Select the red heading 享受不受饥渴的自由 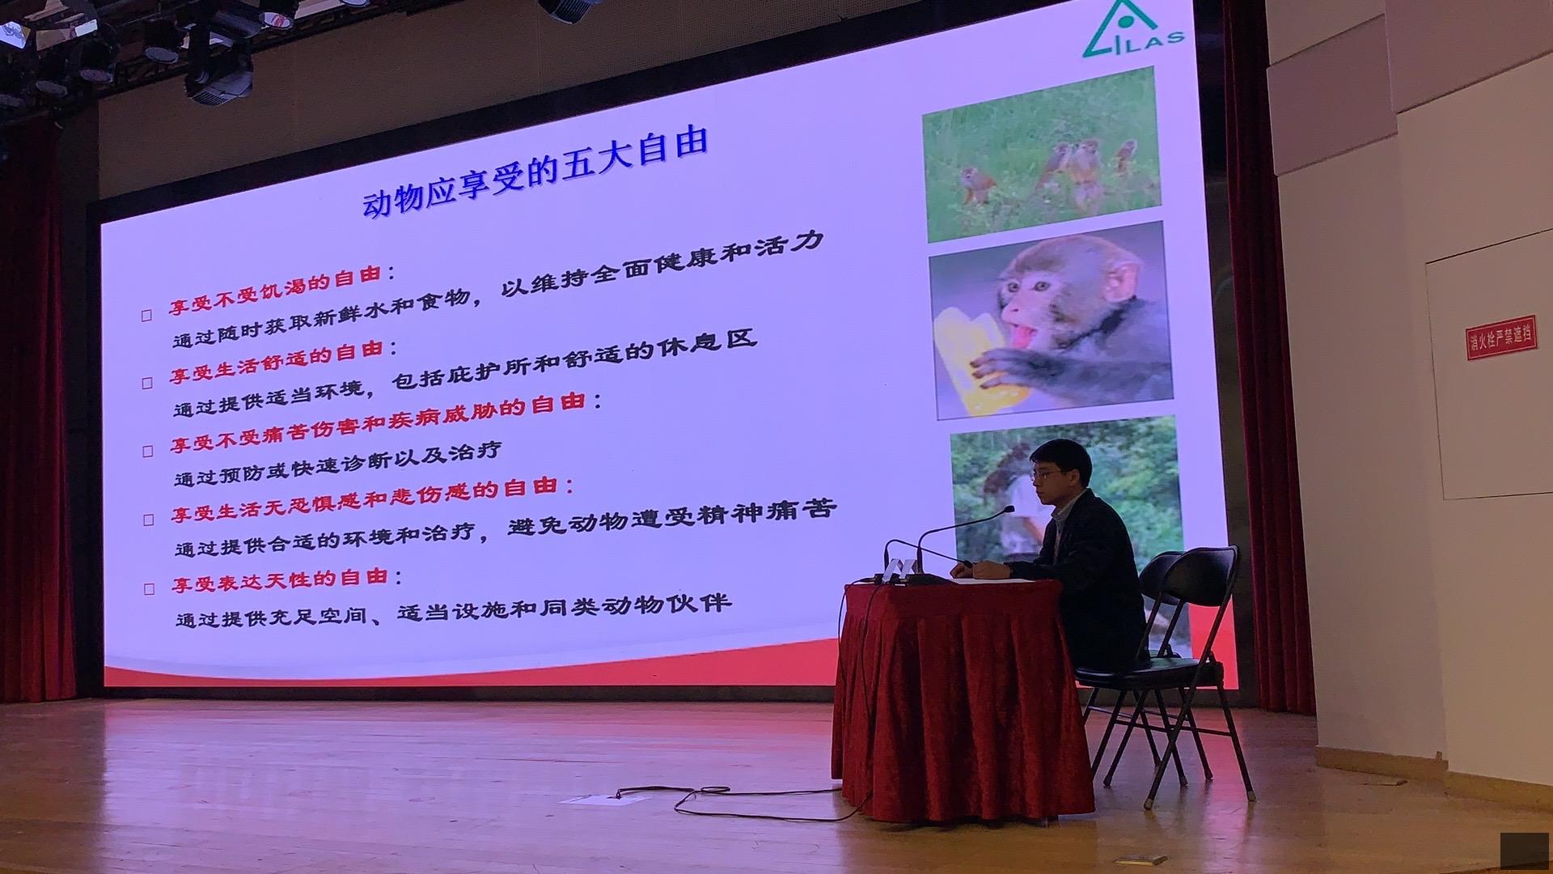coord(275,291)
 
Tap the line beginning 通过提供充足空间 coord(453,609)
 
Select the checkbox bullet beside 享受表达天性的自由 coord(149,588)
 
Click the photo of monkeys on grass coord(1041,154)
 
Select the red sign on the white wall coord(1500,337)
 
